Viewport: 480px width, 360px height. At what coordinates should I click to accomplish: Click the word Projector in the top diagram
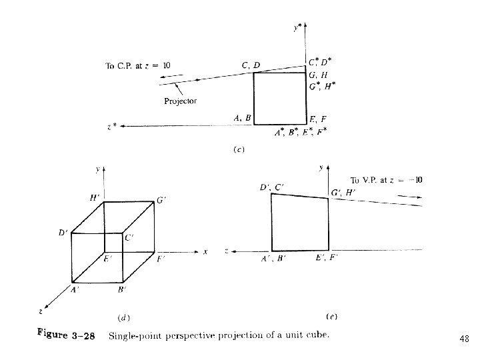click(180, 101)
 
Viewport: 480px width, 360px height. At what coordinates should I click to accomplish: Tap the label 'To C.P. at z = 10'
click(138, 65)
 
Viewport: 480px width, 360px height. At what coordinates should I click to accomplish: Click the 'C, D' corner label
click(251, 65)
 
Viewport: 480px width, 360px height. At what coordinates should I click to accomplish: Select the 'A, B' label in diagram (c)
click(242, 118)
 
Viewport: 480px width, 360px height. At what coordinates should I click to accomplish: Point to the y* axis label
click(298, 28)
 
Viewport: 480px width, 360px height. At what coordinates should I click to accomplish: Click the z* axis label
click(111, 125)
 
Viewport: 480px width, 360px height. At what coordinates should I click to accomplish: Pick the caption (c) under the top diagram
click(239, 149)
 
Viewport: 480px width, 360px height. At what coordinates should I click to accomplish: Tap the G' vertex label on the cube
click(162, 199)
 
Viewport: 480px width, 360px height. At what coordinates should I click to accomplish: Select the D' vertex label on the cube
click(63, 233)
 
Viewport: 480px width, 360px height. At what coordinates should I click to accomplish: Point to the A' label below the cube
click(75, 289)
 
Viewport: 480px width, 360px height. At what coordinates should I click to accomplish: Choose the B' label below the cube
click(121, 289)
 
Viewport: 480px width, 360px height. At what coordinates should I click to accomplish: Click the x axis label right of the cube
click(205, 251)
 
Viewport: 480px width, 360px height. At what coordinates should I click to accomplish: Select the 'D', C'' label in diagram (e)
click(272, 187)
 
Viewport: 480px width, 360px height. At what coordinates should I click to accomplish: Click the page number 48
click(464, 339)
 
